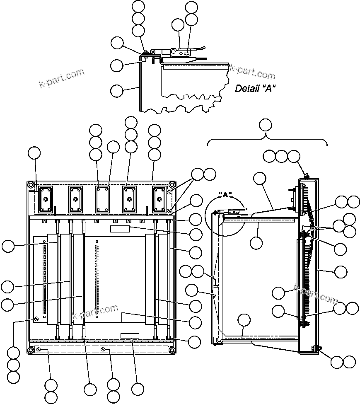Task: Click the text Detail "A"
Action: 255,88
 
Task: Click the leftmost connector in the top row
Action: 45,200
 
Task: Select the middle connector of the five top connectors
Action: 102,200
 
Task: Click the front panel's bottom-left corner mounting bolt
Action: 31,351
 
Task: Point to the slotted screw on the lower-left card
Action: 36,319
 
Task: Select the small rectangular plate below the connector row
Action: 120,229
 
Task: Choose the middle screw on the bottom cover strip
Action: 102,351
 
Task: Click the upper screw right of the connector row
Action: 169,193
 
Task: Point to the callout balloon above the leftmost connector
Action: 34,153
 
